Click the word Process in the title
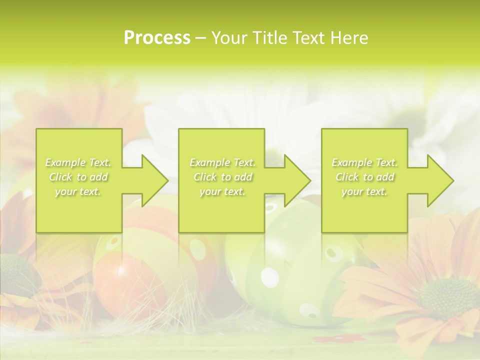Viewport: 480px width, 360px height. click(x=157, y=38)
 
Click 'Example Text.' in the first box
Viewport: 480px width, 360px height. click(x=78, y=162)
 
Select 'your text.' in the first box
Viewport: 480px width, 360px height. click(x=78, y=191)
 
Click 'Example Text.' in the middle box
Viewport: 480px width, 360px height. click(x=222, y=162)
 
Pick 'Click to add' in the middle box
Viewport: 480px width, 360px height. click(x=222, y=177)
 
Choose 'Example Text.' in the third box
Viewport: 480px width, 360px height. click(x=364, y=162)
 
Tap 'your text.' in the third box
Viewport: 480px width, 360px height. click(x=364, y=191)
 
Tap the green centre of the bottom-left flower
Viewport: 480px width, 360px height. click(x=15, y=275)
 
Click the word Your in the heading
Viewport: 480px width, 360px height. click(x=229, y=38)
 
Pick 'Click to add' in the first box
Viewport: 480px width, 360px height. click(x=78, y=177)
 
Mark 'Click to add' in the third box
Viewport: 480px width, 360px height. click(x=364, y=177)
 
